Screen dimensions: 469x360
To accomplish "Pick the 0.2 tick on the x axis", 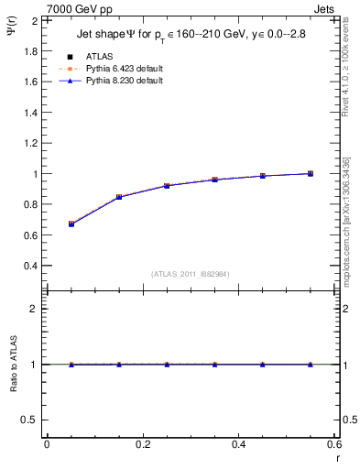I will tap(143, 445).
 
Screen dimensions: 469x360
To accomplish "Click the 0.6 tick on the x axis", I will tap(334, 445).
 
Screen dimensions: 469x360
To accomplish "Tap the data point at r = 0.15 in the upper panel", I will tap(119, 197).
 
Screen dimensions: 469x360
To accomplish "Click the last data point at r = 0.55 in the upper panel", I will tap(311, 173).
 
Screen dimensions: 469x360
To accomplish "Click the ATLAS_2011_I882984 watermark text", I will tap(191, 274).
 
